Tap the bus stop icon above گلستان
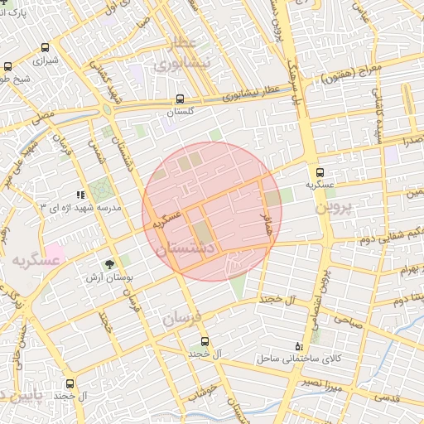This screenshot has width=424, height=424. point(181,99)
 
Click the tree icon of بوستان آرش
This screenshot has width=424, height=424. point(110,265)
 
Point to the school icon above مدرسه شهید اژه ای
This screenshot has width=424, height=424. point(80,195)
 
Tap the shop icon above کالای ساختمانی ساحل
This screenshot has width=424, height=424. point(298,346)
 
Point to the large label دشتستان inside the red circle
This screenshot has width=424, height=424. point(186,248)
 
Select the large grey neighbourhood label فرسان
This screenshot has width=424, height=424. point(181,318)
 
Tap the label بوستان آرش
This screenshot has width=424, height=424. point(112,278)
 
